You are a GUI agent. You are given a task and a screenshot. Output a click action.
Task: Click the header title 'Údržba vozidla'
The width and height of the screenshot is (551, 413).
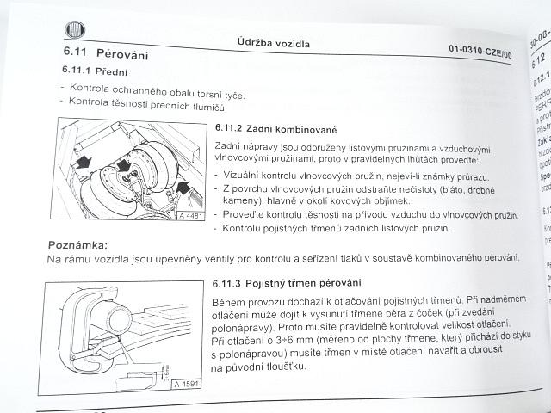tap(274, 42)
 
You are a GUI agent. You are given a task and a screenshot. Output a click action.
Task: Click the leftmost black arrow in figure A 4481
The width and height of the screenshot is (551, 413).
tap(82, 162)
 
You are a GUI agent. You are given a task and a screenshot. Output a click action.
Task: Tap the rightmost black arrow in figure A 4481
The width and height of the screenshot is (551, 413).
tap(185, 185)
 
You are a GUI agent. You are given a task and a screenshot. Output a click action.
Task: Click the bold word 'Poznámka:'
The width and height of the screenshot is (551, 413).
tap(77, 245)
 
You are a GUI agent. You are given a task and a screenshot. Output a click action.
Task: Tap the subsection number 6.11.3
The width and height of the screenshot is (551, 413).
tap(231, 283)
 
